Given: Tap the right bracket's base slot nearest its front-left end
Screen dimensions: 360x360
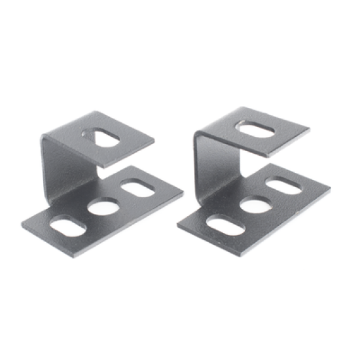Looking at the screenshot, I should click(x=226, y=225).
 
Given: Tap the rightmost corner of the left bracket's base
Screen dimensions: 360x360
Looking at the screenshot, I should click(x=183, y=194).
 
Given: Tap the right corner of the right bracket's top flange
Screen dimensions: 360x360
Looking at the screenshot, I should click(x=310, y=129).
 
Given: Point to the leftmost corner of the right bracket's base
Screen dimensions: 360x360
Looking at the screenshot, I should click(x=178, y=226).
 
